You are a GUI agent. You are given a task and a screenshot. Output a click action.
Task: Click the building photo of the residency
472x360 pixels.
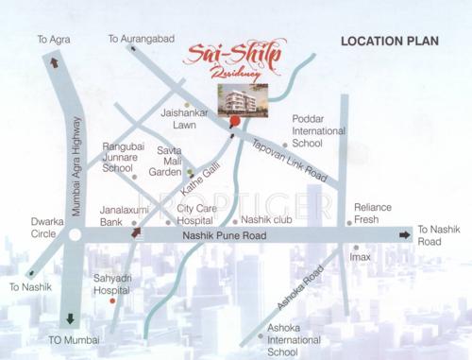click(x=243, y=99)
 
